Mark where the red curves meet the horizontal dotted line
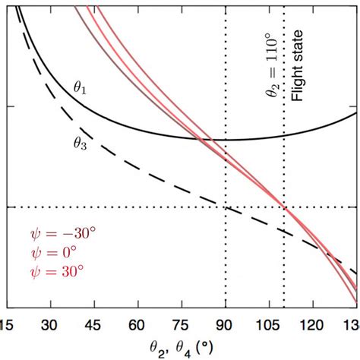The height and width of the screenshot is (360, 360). point(285,207)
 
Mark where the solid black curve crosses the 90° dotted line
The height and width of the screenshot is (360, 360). point(226,140)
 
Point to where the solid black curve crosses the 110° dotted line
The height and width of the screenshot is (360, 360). point(284,135)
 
